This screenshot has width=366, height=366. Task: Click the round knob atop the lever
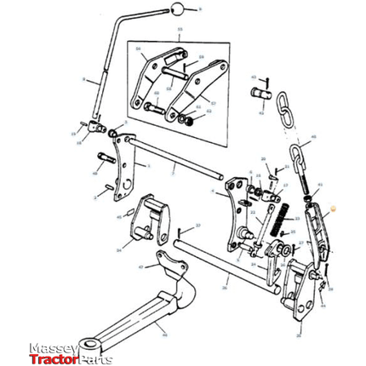(x=176, y=10)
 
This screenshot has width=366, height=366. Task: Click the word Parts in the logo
(x=96, y=358)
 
